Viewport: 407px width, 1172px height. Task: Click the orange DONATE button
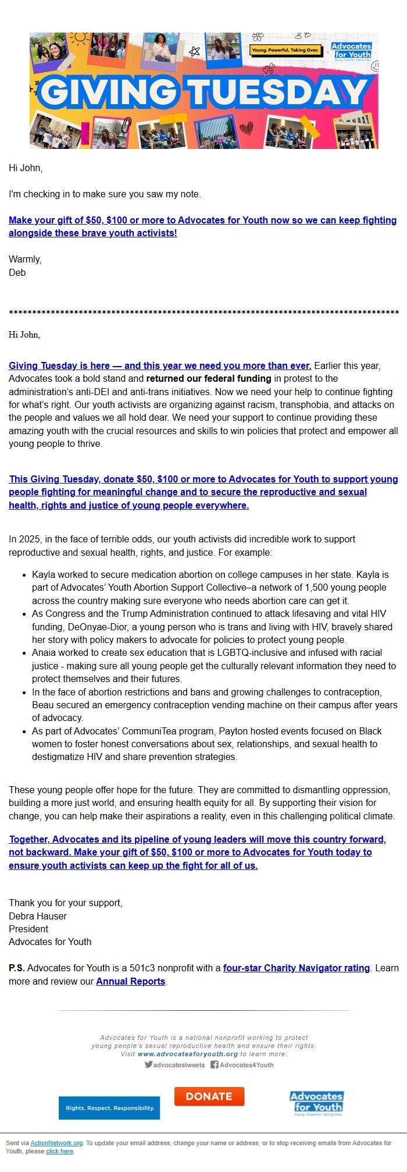[209, 1096]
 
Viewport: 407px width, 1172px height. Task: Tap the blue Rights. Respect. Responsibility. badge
[109, 1108]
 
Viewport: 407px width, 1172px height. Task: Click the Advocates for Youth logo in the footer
[317, 1103]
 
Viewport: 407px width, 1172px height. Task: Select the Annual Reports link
[131, 981]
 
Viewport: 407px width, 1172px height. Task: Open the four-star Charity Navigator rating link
[297, 968]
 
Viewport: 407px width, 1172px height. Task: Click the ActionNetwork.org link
[56, 1143]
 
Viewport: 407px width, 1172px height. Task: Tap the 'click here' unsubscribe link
[60, 1151]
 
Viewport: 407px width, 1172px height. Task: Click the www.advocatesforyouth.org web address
[188, 1054]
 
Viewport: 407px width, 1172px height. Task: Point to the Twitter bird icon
[148, 1065]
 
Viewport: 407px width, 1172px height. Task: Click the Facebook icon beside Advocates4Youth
[214, 1065]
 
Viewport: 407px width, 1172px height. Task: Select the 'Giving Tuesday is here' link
[160, 365]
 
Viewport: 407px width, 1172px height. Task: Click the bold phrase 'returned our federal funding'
[209, 379]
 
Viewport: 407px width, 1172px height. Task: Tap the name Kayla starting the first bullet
[44, 574]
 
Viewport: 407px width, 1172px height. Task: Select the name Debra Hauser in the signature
[38, 916]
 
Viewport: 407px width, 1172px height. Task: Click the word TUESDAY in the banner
[277, 93]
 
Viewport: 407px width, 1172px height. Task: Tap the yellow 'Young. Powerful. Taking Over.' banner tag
[285, 51]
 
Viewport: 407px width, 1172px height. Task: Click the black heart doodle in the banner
[247, 127]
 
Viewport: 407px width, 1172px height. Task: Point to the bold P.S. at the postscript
[16, 968]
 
